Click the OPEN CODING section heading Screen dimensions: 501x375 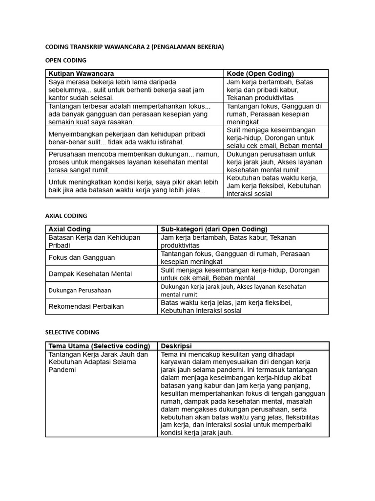[65, 60]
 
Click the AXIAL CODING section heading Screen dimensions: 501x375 [66, 215]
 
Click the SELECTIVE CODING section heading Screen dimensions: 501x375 [72, 332]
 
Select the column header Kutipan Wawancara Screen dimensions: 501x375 [81, 73]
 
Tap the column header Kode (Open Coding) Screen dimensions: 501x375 [260, 73]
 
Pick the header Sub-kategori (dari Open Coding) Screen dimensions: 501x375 [214, 229]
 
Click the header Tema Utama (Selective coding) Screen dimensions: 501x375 [100, 346]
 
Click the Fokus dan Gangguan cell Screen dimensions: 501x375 [82, 257]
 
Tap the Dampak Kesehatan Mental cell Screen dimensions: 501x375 [90, 273]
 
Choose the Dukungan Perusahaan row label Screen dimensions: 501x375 [80, 290]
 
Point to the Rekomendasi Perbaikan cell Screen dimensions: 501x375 [86, 306]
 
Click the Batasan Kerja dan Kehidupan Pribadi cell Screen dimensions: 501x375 [94, 241]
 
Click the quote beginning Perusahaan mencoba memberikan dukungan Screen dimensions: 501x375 [133, 162]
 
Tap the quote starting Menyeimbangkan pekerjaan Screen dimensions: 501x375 [127, 137]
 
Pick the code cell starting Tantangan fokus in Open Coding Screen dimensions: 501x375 [274, 114]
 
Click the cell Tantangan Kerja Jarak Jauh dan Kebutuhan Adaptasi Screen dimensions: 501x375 [98, 362]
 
